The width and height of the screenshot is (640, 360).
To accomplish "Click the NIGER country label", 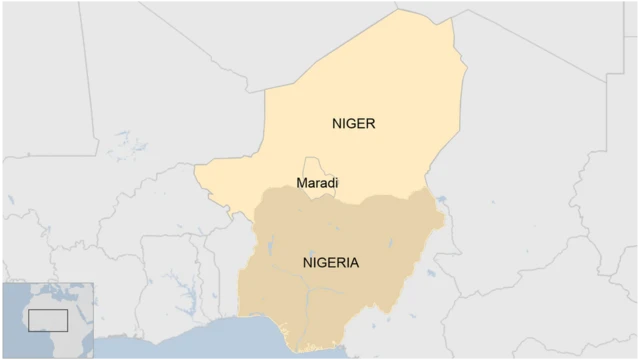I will (x=353, y=124).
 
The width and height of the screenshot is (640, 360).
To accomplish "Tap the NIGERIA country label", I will (x=330, y=263).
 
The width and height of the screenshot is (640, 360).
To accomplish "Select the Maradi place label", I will (x=318, y=183).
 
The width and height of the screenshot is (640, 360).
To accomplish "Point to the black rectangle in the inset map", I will (x=47, y=320).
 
